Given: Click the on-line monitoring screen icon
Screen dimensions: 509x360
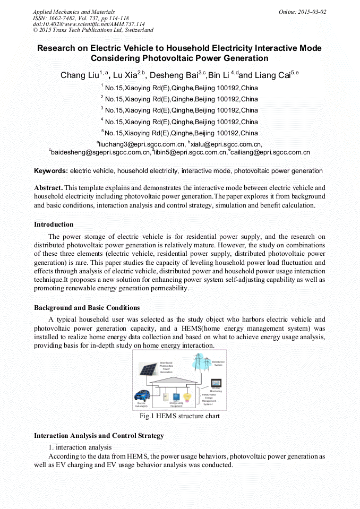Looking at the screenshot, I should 216,384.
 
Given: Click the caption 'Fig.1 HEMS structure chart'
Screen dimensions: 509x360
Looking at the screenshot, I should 179,416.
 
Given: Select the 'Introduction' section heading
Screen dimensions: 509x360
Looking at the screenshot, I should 54,225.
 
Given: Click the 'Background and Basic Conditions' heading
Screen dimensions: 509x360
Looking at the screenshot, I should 87,308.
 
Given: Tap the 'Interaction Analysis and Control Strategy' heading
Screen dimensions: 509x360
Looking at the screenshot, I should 99,436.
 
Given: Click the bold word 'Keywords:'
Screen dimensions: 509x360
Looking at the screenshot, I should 51,171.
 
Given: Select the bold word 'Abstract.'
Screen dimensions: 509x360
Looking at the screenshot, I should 48,188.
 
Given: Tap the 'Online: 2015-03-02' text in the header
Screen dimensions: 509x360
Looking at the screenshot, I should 302,12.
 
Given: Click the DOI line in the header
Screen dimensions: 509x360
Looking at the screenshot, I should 89,24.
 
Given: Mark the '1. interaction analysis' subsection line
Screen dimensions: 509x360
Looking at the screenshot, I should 80,447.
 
